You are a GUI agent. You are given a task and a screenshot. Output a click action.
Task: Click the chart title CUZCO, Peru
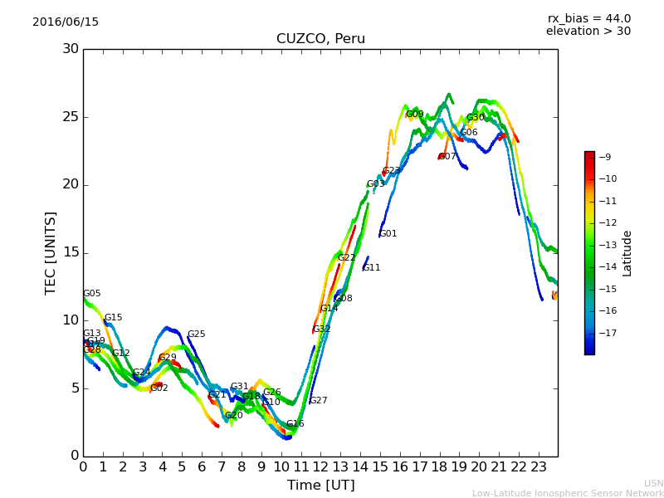pyautogui.click(x=320, y=39)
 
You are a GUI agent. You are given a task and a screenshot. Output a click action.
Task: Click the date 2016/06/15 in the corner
pyautogui.click(x=66, y=22)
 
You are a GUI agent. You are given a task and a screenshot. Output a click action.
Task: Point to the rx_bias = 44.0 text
pyautogui.click(x=588, y=19)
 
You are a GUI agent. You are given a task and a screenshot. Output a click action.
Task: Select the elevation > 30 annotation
pyautogui.click(x=588, y=32)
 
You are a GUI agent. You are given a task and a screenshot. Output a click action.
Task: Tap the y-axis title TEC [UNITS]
pyautogui.click(x=51, y=252)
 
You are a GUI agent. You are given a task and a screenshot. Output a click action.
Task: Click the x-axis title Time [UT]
pyautogui.click(x=320, y=485)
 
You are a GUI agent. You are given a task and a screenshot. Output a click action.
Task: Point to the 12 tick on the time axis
pyautogui.click(x=320, y=467)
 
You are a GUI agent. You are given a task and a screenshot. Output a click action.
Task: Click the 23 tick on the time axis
pyautogui.click(x=538, y=467)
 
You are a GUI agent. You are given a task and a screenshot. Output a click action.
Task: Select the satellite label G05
pyautogui.click(x=92, y=294)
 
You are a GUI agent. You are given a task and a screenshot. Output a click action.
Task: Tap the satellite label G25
pyautogui.click(x=197, y=334)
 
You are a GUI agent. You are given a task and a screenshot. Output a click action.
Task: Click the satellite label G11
pyautogui.click(x=372, y=268)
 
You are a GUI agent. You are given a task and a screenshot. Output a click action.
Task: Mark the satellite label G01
pyautogui.click(x=388, y=234)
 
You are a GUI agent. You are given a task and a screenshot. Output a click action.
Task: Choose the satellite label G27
pyautogui.click(x=319, y=401)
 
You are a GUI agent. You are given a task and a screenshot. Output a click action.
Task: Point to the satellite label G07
pyautogui.click(x=447, y=157)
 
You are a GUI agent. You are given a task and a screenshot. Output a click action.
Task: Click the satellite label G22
pyautogui.click(x=347, y=258)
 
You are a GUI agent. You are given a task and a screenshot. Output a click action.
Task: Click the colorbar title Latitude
pyautogui.click(x=627, y=253)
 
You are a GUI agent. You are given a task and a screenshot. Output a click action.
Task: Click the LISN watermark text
pyautogui.click(x=653, y=483)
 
